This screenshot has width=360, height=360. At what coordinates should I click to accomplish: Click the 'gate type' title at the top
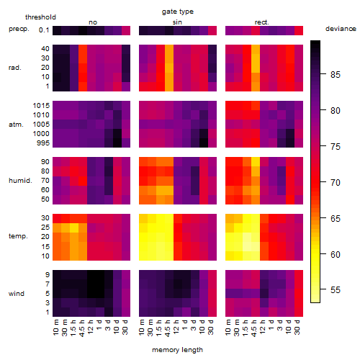click(x=178, y=12)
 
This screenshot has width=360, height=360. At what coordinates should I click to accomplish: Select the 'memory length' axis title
click(x=177, y=350)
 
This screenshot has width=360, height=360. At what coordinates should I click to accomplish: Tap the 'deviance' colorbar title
click(x=341, y=29)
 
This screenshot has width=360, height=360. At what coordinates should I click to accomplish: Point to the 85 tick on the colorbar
click(x=323, y=74)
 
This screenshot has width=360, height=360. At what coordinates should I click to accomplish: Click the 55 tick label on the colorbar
click(x=336, y=290)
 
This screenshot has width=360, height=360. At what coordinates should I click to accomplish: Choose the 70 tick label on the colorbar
click(x=336, y=183)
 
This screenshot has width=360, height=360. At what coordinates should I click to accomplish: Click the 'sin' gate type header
click(x=177, y=22)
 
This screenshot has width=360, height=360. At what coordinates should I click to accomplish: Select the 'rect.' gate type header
click(x=261, y=22)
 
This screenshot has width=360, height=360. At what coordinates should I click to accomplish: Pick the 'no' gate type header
click(x=93, y=22)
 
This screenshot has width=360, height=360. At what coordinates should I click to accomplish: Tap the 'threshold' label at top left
click(x=40, y=17)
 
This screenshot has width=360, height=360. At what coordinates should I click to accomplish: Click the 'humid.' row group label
click(x=20, y=181)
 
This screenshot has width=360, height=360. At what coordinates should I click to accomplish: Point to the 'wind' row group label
click(x=17, y=294)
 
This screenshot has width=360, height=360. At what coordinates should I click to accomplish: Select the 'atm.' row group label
click(x=16, y=125)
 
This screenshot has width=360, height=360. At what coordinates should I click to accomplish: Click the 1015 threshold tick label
click(x=41, y=106)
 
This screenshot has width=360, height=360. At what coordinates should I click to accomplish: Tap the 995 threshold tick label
click(x=43, y=143)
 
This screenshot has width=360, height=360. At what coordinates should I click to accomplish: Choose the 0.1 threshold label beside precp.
click(x=44, y=30)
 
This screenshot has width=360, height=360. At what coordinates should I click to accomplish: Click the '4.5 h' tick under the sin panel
click(x=168, y=328)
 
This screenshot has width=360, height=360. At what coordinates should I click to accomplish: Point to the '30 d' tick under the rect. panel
click(x=297, y=327)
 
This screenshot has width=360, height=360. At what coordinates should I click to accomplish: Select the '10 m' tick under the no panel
click(x=55, y=328)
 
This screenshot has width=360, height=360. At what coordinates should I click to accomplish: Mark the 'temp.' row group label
click(x=18, y=236)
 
